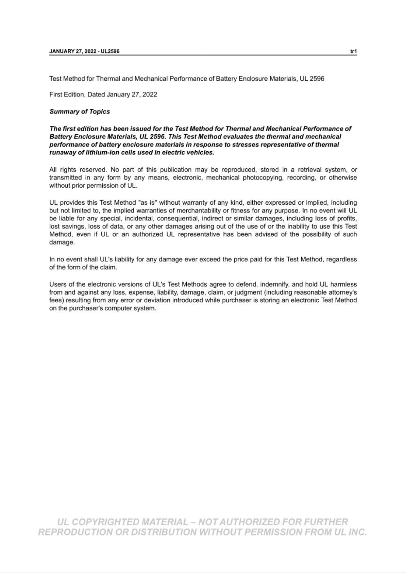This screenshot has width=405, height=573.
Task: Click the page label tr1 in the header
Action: point(353,51)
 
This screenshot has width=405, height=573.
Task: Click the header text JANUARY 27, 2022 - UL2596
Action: point(84,51)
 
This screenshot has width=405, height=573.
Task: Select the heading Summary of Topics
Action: point(80,112)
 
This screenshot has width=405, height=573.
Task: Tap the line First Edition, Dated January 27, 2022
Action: point(103,95)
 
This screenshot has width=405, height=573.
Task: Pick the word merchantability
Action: point(199,210)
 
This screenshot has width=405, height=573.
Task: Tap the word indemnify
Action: point(275,284)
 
